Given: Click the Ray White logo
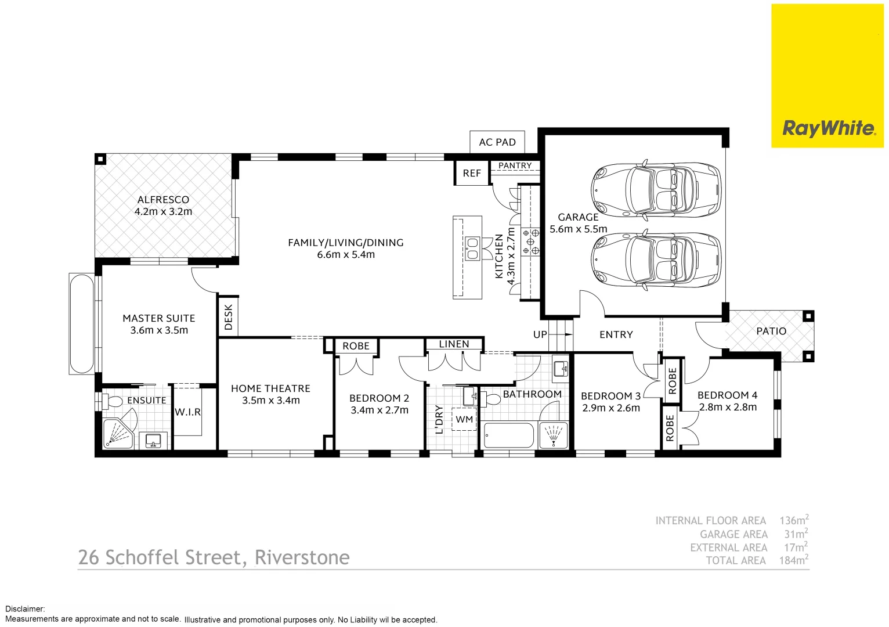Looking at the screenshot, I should [x=828, y=128].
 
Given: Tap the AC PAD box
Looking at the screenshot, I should [x=497, y=142].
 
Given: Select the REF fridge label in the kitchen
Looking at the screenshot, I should [x=472, y=173].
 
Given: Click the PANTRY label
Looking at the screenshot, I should [x=515, y=165].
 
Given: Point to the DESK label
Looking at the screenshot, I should [x=228, y=317].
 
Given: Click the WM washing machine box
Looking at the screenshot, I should [x=464, y=419].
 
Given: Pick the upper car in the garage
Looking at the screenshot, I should [x=656, y=190].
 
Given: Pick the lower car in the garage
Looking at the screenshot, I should [x=656, y=260].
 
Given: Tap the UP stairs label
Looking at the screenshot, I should [x=540, y=334].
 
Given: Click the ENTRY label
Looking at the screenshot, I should [x=616, y=334].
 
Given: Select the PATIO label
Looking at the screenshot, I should [x=771, y=331].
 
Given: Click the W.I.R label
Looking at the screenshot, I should [x=187, y=412].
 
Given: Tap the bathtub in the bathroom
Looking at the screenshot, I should [x=508, y=435].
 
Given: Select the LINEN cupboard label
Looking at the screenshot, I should [x=454, y=344].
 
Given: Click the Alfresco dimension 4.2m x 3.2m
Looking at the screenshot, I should [x=163, y=212].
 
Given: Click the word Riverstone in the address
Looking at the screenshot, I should [x=302, y=557].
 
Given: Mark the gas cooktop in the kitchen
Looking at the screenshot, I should [x=530, y=242].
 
